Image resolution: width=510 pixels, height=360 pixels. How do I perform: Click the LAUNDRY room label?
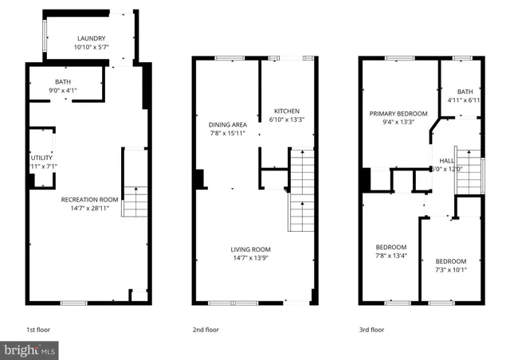90,38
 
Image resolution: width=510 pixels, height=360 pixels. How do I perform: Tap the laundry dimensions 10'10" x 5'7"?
90,47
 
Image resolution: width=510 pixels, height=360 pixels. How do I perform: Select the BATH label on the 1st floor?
63,82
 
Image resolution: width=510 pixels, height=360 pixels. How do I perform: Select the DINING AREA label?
228,125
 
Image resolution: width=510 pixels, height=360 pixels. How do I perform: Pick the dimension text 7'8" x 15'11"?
228,134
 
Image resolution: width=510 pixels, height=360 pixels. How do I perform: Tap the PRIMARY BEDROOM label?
398,114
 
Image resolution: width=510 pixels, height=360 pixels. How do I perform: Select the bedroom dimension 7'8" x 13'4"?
390,256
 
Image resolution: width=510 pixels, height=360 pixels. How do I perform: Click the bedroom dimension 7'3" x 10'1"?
450,270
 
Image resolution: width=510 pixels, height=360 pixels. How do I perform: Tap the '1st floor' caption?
40,329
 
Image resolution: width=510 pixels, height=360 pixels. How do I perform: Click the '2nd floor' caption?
206,329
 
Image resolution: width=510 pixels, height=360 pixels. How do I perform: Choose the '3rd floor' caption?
371,329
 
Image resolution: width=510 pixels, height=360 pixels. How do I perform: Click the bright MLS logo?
30,349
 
